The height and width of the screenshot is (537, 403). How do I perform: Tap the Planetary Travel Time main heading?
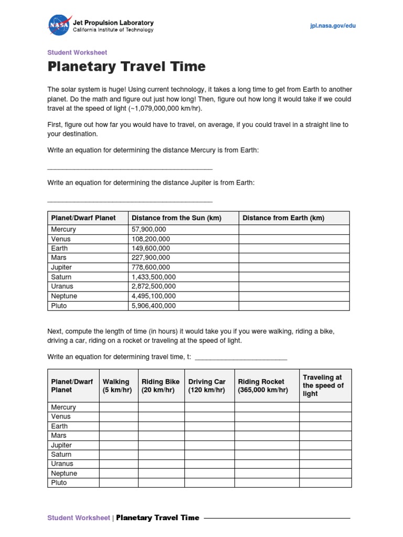(126, 67)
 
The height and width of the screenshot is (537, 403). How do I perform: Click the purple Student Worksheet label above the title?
(77, 52)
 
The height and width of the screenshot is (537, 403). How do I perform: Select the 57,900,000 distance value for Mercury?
(149, 229)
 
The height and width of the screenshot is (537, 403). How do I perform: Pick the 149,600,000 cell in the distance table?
(151, 248)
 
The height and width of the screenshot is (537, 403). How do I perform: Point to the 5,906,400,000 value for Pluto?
(154, 306)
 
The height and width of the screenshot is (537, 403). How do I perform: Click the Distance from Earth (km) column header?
(283, 218)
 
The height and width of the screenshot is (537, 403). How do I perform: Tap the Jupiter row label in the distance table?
(61, 267)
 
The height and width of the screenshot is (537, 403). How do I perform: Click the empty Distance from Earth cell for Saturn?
(294, 277)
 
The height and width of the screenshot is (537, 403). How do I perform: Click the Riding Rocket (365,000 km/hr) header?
(263, 386)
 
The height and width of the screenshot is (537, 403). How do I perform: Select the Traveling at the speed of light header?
(323, 385)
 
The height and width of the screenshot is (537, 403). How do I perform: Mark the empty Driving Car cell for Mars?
(209, 435)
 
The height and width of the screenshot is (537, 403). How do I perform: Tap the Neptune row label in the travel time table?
(64, 473)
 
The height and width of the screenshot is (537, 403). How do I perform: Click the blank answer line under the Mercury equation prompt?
(130, 168)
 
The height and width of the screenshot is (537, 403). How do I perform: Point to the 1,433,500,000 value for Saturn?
(154, 277)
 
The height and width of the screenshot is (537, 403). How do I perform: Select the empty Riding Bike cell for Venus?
(161, 416)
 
